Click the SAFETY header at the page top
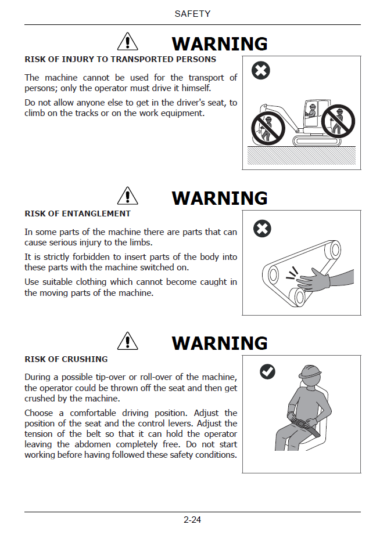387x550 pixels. point(192,14)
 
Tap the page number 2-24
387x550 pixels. point(192,519)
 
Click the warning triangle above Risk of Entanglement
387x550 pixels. point(127,196)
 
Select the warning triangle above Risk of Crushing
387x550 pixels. point(127,341)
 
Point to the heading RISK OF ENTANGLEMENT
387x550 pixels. point(78,214)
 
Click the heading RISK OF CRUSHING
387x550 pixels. point(66,359)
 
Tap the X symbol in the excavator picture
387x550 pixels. point(260,70)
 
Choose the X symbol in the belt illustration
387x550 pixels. point(262,229)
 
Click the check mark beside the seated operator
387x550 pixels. point(268,372)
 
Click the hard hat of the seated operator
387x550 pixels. point(310,372)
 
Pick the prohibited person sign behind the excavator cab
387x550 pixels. point(338,121)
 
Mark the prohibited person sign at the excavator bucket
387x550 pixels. point(268,128)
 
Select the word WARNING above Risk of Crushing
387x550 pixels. point(220,343)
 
